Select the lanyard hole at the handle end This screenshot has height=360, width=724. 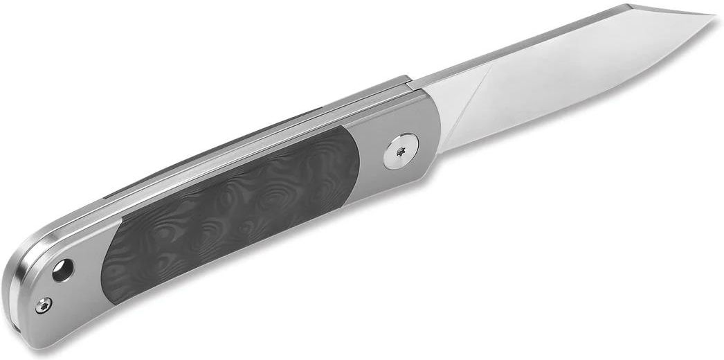click(64, 269)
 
